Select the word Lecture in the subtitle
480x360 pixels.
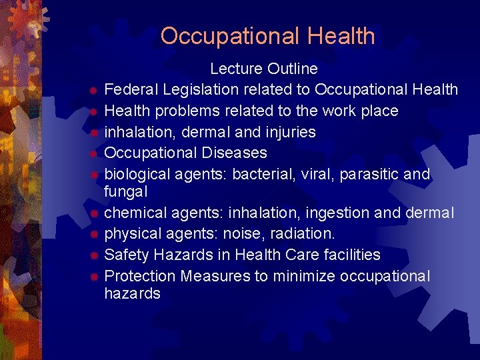236,69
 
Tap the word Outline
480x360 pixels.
293,69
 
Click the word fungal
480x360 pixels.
126,191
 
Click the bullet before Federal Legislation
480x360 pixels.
95,90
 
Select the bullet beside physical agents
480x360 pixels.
95,235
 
